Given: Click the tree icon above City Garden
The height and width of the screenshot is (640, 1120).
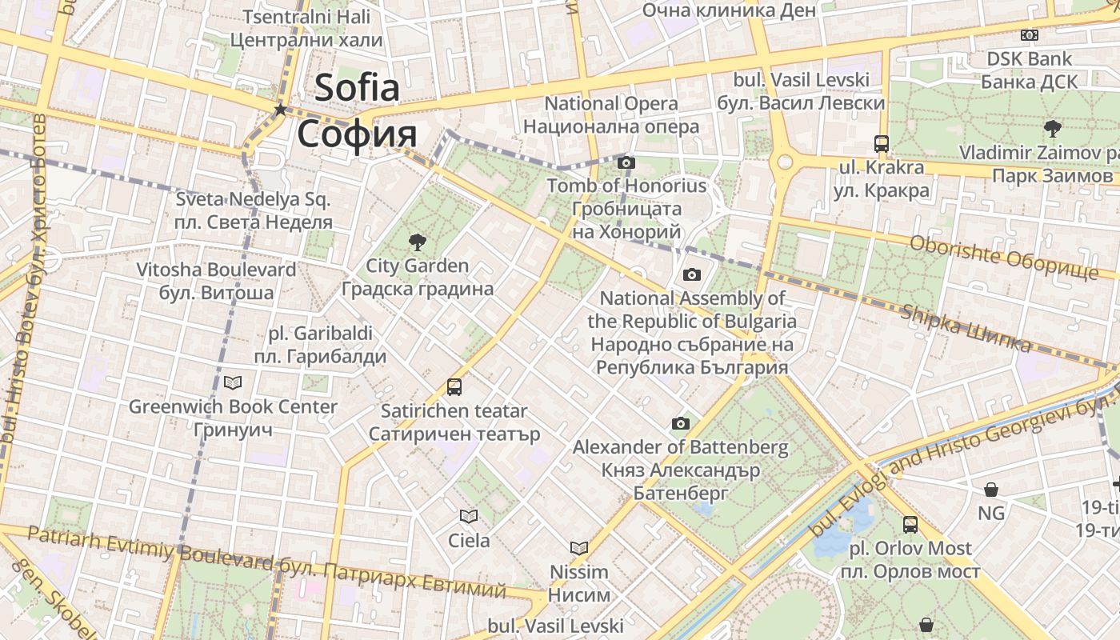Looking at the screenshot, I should point(417,242).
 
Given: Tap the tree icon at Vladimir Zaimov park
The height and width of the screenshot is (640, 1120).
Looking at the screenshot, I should point(1052,128).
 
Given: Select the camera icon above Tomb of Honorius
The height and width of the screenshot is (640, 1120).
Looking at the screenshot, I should point(626,163).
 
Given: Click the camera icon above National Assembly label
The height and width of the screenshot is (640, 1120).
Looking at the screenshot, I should point(692,275).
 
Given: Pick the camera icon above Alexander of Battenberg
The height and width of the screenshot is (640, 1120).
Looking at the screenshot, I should point(681,424).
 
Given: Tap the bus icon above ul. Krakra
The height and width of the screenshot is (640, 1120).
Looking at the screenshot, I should point(882,144).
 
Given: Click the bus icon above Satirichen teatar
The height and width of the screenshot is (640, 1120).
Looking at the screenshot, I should point(454,387).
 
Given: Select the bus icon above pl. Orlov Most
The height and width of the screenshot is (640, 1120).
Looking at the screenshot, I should point(910,525).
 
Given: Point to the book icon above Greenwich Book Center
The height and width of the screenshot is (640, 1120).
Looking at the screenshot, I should point(233,383).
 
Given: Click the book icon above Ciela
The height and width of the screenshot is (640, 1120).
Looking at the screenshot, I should point(469,517).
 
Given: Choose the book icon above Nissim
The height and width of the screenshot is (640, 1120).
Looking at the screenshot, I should point(579,549).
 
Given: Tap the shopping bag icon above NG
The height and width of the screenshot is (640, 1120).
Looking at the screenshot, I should point(991,490).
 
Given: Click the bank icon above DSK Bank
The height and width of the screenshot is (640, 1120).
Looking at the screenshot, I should point(1030,35).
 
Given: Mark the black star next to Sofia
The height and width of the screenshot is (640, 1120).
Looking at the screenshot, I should point(280,110).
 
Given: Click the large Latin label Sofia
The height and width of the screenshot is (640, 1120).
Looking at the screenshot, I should point(357,87).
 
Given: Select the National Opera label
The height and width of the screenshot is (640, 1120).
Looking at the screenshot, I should point(611,103).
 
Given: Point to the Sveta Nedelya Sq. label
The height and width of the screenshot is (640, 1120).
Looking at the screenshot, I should point(253,199).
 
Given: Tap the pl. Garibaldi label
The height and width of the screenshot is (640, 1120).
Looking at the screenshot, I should point(320,333).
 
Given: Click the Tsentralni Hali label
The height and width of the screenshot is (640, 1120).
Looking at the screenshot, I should point(306,17).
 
